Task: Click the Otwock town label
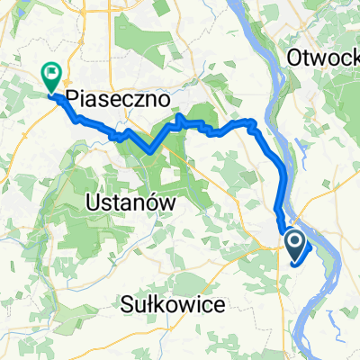[323, 57]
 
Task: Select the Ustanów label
[132, 203]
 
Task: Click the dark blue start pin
[295, 243]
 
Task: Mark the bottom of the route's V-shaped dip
[148, 151]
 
